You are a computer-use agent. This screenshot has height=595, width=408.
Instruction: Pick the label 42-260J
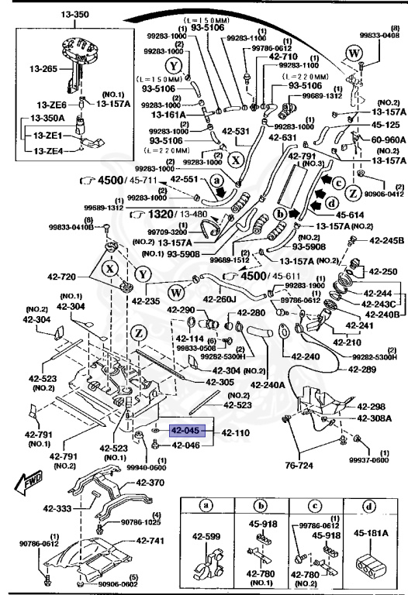[220, 297]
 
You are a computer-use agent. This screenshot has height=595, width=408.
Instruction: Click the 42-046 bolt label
[185, 445]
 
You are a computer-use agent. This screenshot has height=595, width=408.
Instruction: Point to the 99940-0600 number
[146, 467]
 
